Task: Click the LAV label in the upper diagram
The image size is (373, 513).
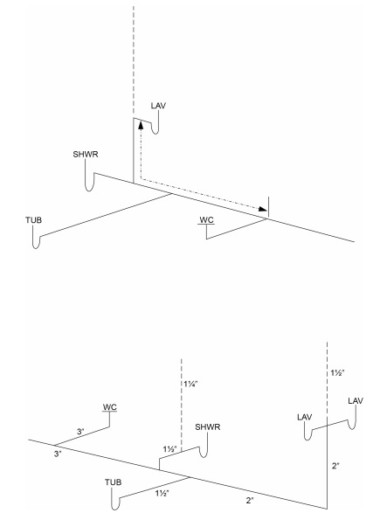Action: click(x=158, y=106)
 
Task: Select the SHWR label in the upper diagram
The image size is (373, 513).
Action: click(x=86, y=154)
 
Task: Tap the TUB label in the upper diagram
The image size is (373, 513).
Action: click(x=34, y=220)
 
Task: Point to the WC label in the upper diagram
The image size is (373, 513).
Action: click(x=206, y=219)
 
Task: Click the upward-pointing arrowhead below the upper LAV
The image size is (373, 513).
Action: click(x=141, y=125)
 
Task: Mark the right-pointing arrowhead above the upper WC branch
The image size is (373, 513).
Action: click(x=263, y=208)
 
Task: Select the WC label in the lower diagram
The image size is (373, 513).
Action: click(x=109, y=407)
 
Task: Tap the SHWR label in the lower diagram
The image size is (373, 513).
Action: click(x=208, y=427)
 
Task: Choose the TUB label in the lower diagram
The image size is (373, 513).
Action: click(x=113, y=482)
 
